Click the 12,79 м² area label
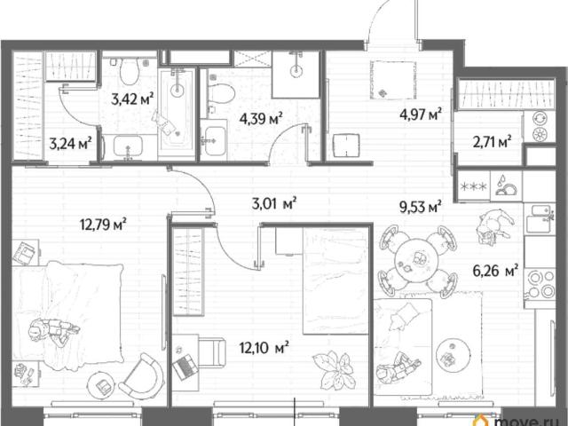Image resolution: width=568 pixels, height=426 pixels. click(x=103, y=225)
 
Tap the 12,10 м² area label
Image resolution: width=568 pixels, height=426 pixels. click(x=264, y=348)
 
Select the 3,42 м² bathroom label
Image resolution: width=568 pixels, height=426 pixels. click(x=132, y=99)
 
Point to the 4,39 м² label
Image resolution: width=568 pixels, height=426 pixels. click(x=261, y=118)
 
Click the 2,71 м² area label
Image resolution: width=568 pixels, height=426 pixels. click(x=493, y=142)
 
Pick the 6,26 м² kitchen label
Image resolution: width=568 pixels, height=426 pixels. click(x=495, y=270)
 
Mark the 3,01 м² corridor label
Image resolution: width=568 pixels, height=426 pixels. click(x=274, y=203)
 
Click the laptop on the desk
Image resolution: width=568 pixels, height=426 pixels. click(x=185, y=367)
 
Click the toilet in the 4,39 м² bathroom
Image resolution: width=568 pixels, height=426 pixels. click(x=220, y=92)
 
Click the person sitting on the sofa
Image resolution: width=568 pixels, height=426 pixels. click(x=398, y=367)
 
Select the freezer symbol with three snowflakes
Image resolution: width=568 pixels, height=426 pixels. click(x=473, y=187)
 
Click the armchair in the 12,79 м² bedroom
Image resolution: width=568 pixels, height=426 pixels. click(x=140, y=376)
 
